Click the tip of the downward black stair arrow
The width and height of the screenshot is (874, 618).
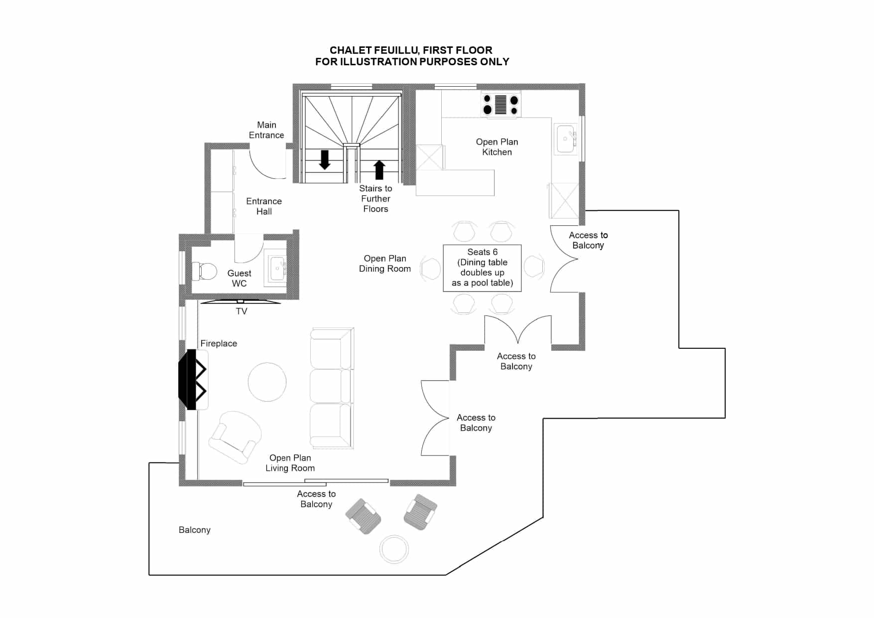[x=325, y=169]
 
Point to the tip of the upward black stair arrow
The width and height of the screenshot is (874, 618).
[x=379, y=160]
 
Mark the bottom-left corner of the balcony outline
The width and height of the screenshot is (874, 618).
[x=149, y=575]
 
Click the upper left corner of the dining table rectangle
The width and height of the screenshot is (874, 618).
[x=443, y=245]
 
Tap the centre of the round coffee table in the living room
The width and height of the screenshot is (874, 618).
[x=267, y=382]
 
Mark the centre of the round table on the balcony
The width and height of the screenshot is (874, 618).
[x=394, y=549]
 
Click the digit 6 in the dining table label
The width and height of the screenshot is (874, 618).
[x=495, y=252]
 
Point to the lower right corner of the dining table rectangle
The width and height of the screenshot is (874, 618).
[x=521, y=292]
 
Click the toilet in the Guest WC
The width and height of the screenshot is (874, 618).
[x=205, y=271]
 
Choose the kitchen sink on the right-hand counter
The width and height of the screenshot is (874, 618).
[x=567, y=139]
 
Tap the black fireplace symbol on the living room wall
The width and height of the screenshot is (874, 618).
[x=193, y=379]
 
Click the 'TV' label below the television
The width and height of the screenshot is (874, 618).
[x=242, y=311]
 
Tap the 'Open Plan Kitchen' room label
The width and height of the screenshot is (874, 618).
[x=497, y=147]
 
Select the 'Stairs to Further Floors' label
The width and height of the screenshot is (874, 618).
[x=375, y=199]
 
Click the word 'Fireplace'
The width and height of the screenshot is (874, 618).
[x=219, y=343]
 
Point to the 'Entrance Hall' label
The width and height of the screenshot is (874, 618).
[x=264, y=206]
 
